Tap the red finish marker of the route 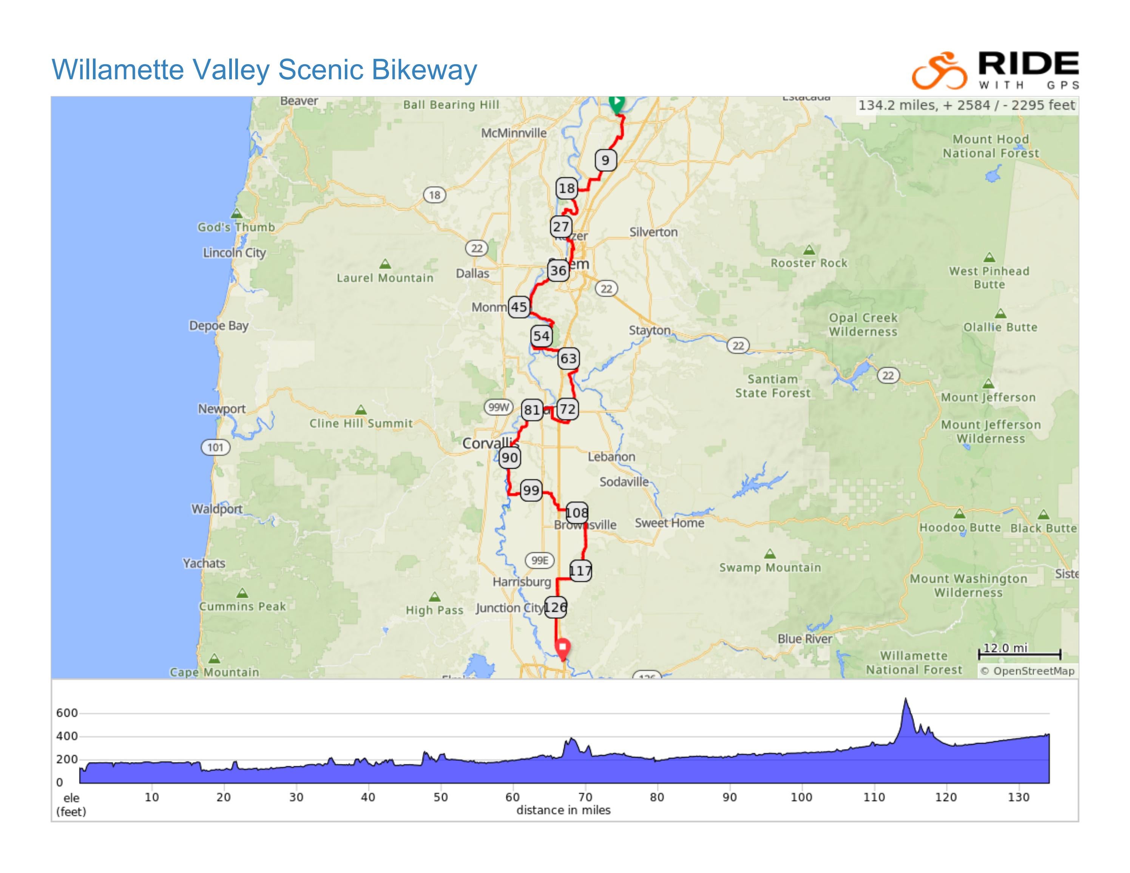point(562,648)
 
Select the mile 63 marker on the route point(568,358)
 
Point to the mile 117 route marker point(580,571)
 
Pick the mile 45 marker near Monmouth point(519,307)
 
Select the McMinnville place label point(513,133)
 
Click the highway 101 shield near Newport point(215,447)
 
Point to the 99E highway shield point(540,560)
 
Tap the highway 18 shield point(435,195)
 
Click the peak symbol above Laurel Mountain point(385,264)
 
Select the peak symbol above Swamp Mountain point(770,554)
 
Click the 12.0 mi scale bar point(1019,654)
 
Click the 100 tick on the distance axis point(801,797)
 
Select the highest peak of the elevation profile point(905,699)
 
